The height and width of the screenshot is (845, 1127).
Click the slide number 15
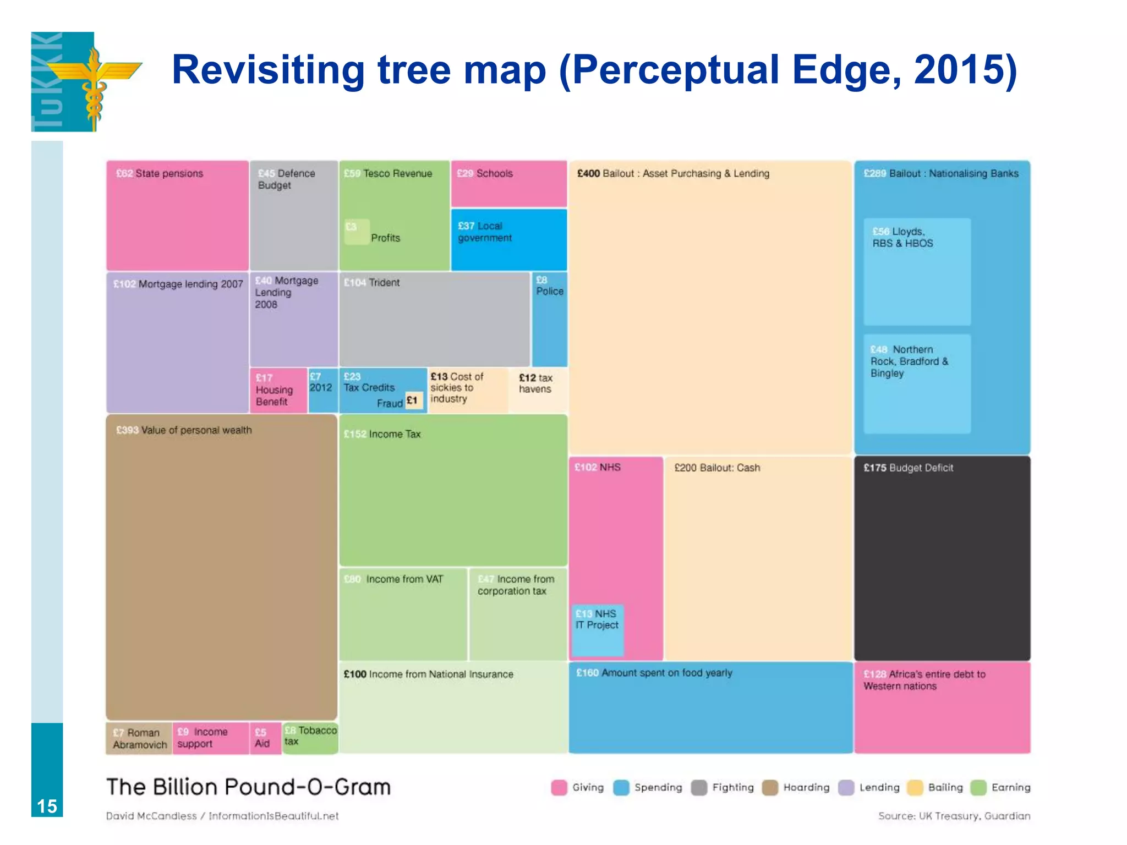tap(47, 806)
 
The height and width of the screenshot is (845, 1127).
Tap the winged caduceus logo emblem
tap(94, 81)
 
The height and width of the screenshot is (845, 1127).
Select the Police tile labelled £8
tap(549, 319)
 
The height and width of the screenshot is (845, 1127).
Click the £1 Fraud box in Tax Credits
tap(413, 401)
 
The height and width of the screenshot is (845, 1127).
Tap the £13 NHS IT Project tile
tap(597, 630)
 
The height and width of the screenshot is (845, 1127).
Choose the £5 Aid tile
tap(265, 738)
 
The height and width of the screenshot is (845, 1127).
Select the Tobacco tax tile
tap(310, 738)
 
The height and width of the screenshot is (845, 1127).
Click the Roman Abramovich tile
tap(139, 738)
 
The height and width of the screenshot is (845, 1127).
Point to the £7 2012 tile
tap(322, 389)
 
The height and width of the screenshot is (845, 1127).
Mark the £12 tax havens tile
tap(538, 389)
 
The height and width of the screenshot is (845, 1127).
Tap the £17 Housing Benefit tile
tap(278, 389)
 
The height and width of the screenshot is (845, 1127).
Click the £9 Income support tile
tap(210, 738)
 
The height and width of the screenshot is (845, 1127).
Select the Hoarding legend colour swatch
tap(770, 788)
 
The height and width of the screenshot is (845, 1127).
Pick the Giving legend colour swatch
tap(559, 788)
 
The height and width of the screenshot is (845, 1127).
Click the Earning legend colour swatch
tap(978, 788)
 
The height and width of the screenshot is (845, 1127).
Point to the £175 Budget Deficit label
tap(908, 468)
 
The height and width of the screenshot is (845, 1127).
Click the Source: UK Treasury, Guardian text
tap(954, 816)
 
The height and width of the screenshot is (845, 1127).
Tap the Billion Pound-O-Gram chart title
tap(248, 787)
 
